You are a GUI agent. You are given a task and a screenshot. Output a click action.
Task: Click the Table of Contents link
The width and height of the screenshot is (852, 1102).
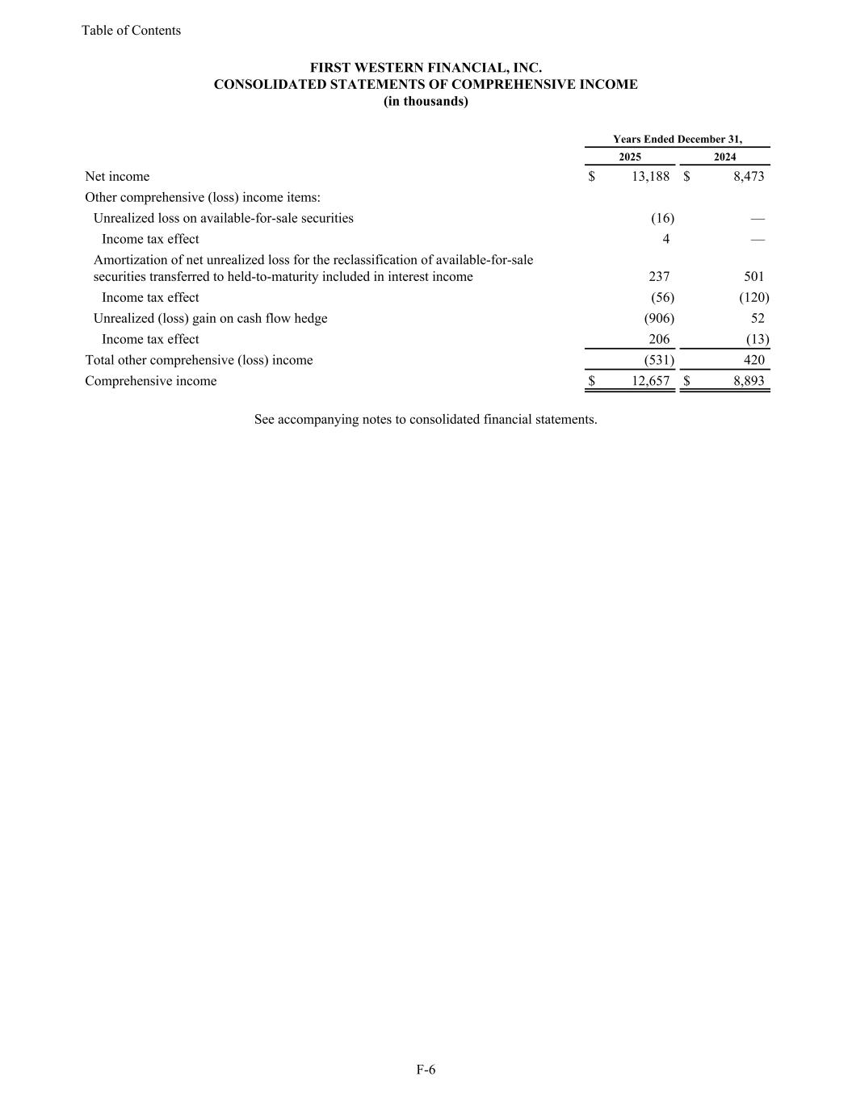(131, 31)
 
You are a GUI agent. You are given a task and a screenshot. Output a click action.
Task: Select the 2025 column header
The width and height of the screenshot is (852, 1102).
(630, 157)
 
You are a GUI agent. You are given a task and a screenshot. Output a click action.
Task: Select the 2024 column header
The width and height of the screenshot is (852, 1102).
(724, 157)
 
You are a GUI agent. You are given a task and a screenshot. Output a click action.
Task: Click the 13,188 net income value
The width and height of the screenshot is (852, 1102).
(648, 177)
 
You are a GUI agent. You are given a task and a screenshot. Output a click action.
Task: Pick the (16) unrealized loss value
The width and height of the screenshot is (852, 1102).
(662, 219)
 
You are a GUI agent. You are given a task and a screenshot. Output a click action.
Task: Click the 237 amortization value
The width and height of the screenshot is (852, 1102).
(659, 277)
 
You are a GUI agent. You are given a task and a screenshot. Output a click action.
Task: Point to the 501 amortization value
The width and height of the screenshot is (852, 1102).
(754, 277)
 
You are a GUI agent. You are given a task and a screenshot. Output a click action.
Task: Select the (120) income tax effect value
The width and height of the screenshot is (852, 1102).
(753, 298)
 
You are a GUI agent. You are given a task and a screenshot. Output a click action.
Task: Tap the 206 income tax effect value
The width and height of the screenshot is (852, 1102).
(659, 340)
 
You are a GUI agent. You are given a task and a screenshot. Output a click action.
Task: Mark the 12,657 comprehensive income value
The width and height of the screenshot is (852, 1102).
(648, 382)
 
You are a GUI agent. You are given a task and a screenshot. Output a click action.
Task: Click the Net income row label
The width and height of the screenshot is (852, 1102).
(117, 177)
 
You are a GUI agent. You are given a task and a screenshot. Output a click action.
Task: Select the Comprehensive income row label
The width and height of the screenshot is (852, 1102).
(151, 382)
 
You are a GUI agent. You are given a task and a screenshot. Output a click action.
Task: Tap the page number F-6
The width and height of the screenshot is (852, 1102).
(426, 1071)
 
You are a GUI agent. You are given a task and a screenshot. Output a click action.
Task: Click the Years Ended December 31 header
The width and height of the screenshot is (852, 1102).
(677, 140)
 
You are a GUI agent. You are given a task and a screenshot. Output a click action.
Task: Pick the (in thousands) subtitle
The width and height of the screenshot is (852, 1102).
(426, 102)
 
